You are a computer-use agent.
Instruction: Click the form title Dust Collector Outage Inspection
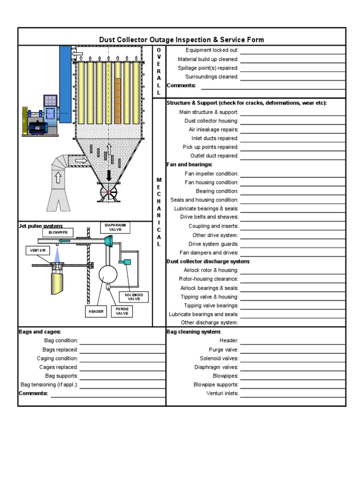181,40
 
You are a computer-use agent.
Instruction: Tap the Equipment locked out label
212,50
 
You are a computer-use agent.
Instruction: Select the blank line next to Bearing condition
292,192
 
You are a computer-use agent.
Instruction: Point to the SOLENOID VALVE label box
134,297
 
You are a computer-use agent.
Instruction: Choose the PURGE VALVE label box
121,311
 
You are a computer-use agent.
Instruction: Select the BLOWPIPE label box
58,232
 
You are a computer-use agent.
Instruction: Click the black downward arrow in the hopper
109,175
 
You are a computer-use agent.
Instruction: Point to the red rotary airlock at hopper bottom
108,192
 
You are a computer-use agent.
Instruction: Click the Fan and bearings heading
189,165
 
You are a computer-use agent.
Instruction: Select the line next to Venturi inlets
292,394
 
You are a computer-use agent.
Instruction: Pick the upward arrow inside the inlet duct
58,178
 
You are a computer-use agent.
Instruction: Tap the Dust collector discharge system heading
208,262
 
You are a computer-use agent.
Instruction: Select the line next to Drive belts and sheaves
292,217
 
